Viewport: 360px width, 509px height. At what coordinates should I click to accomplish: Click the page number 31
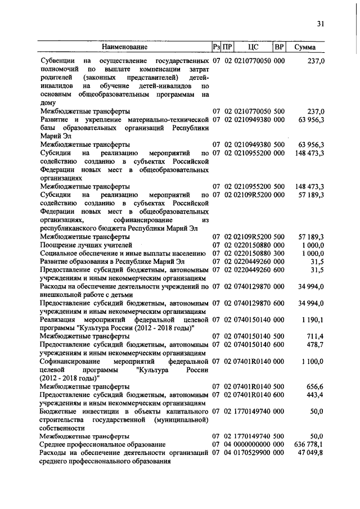pyautogui.click(x=321, y=23)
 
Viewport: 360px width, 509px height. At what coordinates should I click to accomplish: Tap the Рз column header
pyautogui.click(x=217, y=47)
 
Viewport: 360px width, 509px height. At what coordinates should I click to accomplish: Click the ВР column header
pyautogui.click(x=279, y=47)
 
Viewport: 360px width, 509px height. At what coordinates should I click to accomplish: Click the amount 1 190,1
pyautogui.click(x=313, y=319)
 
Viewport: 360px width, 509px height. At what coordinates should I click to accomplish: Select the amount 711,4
pyautogui.click(x=316, y=336)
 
